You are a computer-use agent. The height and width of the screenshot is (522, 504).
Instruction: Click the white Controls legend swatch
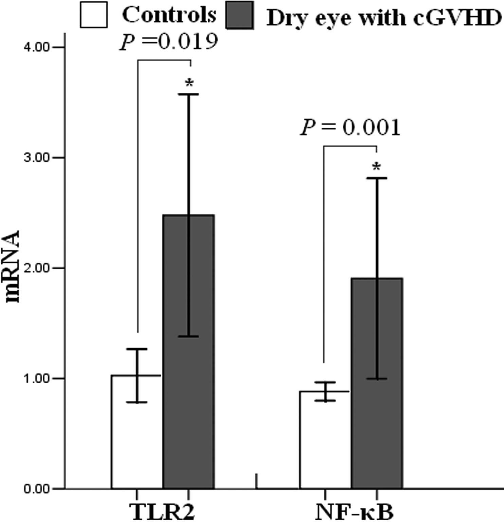(93, 15)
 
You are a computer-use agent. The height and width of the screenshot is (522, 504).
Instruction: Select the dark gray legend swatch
(239, 15)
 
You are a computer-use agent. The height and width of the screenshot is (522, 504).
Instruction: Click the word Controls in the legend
(169, 15)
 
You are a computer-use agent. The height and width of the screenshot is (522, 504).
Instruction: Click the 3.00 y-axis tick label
(37, 158)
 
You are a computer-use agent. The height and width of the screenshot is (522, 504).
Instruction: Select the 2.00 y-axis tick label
(37, 268)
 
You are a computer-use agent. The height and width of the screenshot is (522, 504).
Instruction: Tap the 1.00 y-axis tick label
(37, 379)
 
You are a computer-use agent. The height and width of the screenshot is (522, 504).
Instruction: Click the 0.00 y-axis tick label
(37, 489)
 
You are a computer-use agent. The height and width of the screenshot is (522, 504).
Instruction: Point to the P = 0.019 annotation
(168, 42)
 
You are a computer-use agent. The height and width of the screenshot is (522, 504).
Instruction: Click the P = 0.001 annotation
(350, 128)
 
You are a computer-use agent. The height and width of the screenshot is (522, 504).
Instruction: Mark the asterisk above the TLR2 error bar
(189, 83)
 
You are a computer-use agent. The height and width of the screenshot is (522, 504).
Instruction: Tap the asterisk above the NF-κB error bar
(376, 167)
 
